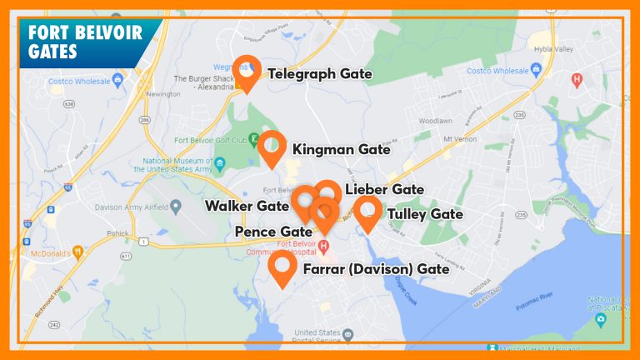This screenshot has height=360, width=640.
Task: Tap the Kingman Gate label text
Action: [341, 149]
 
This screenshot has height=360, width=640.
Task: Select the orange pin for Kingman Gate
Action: [272, 147]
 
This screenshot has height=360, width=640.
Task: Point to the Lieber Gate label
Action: [384, 189]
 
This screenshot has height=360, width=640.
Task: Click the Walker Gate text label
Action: [247, 205]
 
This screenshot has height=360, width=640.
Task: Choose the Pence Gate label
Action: [273, 231]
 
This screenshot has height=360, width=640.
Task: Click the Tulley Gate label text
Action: [425, 214]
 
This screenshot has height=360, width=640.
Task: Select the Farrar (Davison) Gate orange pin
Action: [282, 267]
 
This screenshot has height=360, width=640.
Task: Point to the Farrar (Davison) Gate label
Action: [376, 268]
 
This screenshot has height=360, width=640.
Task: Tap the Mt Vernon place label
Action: [458, 138]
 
